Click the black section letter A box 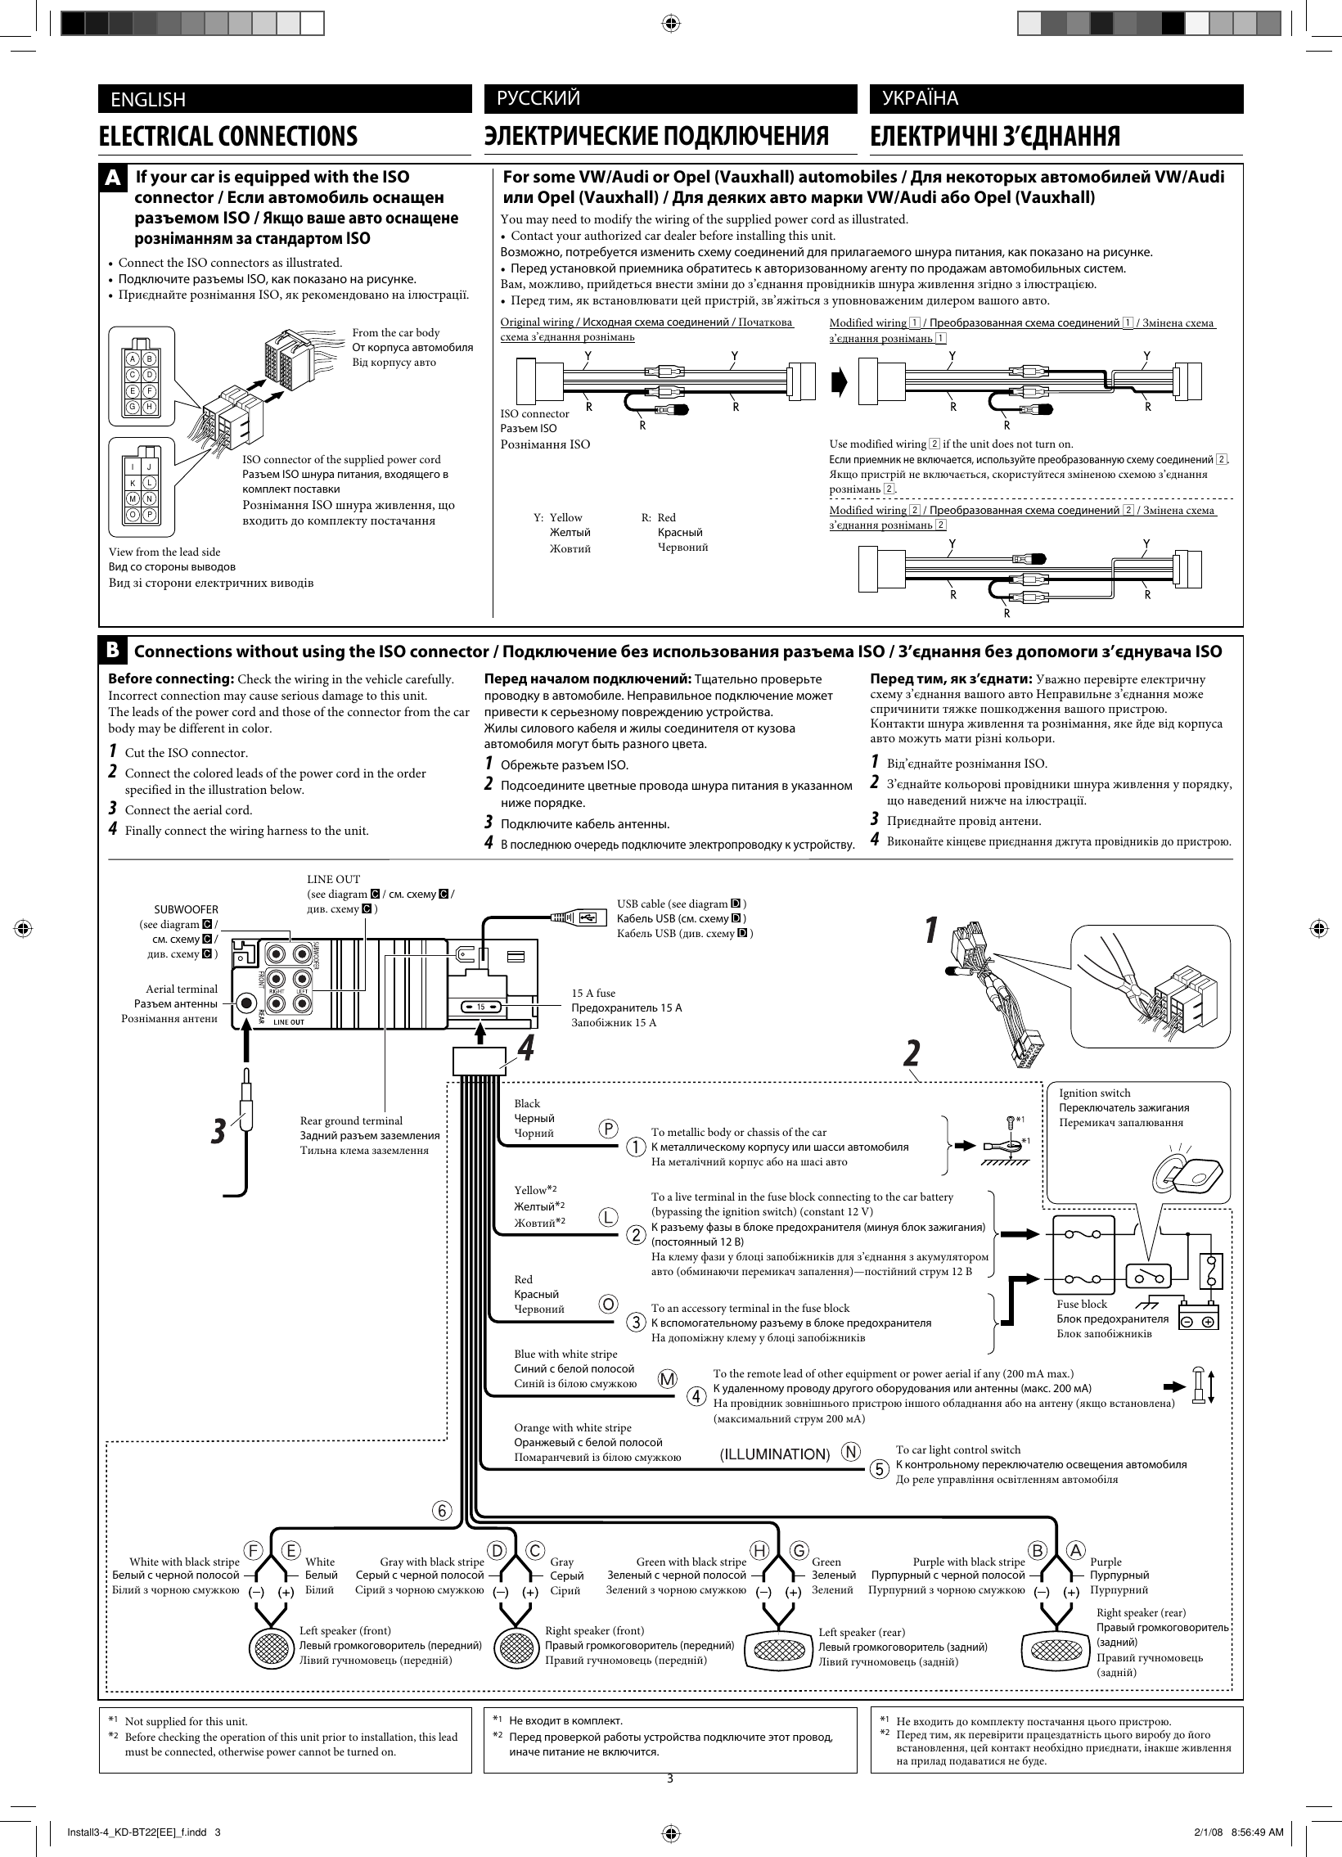click(114, 178)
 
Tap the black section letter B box click(114, 650)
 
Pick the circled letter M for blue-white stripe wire click(669, 1379)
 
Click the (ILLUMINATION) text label click(774, 1454)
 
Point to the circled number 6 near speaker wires click(442, 1512)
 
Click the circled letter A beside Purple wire click(1076, 1550)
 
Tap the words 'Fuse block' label click(1081, 1304)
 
